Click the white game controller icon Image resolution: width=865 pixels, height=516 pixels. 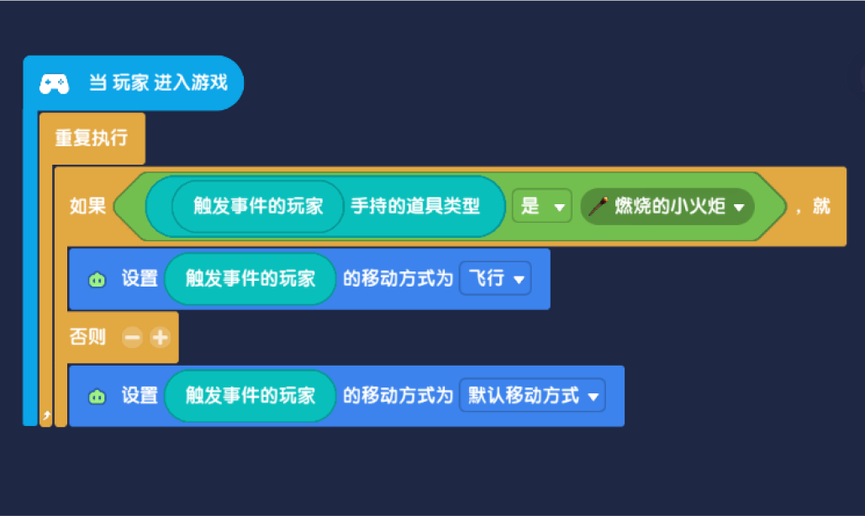click(x=54, y=84)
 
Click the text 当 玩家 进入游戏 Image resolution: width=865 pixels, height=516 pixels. click(x=158, y=82)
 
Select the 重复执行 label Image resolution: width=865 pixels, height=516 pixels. click(x=92, y=138)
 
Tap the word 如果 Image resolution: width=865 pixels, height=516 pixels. click(x=87, y=206)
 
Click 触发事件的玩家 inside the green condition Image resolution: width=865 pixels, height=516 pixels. click(x=257, y=206)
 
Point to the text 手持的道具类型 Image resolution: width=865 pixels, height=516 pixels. click(x=415, y=206)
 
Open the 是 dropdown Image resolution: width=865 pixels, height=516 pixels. click(x=541, y=206)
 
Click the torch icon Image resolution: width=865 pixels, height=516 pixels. click(x=598, y=206)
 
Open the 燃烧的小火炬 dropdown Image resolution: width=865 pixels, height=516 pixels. click(x=667, y=206)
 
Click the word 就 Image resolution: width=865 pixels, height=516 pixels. click(x=820, y=206)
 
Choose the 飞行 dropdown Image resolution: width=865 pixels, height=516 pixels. click(x=495, y=278)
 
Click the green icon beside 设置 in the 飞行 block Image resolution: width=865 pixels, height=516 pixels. click(x=98, y=280)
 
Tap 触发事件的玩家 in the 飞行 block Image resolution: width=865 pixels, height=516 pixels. click(x=250, y=278)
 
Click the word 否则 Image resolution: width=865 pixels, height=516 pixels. click(x=87, y=336)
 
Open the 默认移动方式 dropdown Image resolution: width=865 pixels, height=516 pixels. click(x=532, y=395)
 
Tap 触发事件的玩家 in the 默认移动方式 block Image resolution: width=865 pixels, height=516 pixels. click(x=250, y=395)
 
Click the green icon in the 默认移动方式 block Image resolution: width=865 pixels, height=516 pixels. click(x=98, y=397)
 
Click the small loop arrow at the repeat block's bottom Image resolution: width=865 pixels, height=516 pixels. click(x=46, y=415)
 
